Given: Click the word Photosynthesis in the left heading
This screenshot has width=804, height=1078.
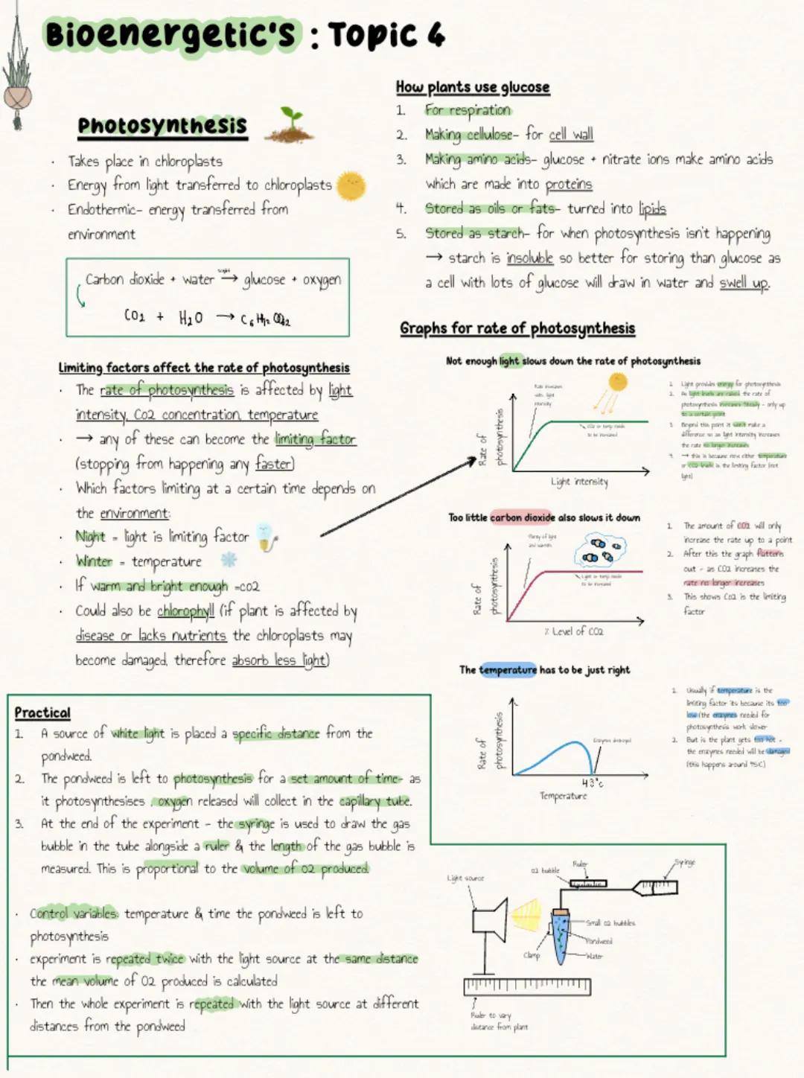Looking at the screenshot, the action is point(162,126).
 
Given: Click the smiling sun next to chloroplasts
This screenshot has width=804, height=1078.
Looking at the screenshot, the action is point(351,185).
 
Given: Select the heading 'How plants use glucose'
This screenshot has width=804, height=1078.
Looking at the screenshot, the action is point(473,87).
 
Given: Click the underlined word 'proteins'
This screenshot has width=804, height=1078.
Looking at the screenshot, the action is point(569,185).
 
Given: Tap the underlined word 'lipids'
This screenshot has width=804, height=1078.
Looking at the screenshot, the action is point(652,209).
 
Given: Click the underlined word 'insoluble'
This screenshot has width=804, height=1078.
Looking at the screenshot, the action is point(529,258).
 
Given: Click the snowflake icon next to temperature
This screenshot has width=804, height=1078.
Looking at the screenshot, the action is point(229,559).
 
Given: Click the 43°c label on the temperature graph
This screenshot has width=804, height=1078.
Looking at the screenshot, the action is point(593,783).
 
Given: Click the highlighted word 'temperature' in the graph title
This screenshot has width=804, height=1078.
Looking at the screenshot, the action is point(508,670).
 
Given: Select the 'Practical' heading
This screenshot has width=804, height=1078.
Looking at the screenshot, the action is point(42,712).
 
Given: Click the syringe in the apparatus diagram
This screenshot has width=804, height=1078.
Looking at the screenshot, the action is point(655,887).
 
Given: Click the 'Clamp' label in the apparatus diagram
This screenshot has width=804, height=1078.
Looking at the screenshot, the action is point(532,955).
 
